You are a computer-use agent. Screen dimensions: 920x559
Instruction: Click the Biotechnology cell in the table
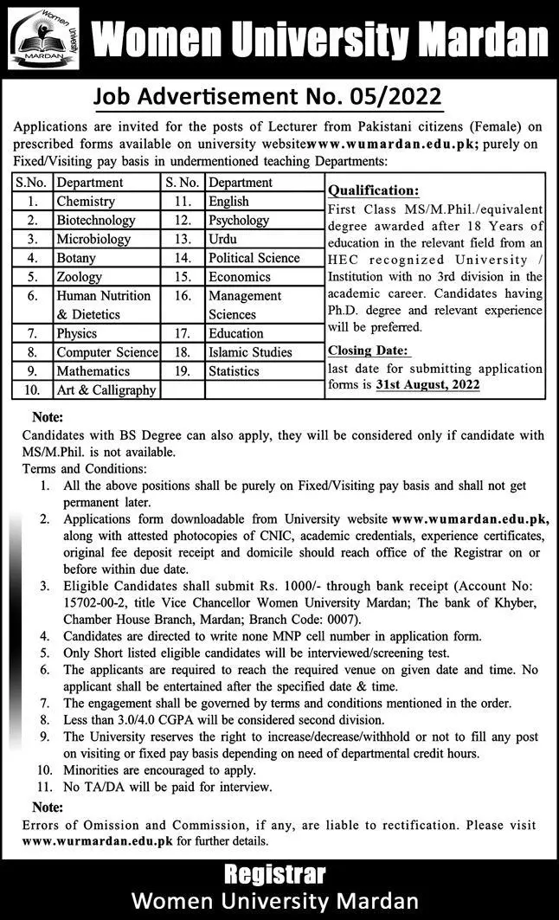(96, 221)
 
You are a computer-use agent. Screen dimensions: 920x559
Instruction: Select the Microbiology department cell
(93, 239)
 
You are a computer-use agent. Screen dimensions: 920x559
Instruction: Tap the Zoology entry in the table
(80, 277)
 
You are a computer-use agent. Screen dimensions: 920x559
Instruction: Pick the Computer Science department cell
(107, 352)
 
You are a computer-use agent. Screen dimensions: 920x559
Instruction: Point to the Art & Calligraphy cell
(106, 389)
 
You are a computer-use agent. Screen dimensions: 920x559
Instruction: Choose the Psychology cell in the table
(239, 221)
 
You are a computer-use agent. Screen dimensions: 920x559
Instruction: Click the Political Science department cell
(254, 258)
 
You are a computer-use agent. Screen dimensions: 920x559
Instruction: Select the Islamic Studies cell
(250, 352)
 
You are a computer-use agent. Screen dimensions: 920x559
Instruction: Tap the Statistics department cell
(234, 371)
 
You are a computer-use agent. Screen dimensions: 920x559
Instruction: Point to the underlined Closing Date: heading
(368, 351)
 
